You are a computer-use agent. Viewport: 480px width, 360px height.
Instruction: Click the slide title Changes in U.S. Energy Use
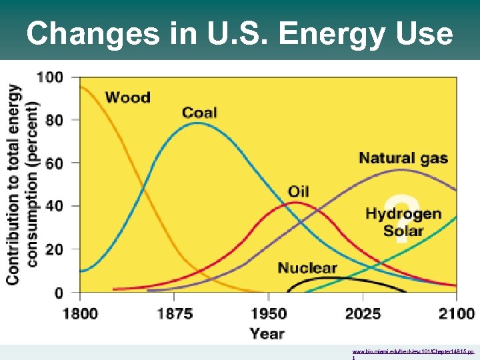pyautogui.click(x=239, y=33)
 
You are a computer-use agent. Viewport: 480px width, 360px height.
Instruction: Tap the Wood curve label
pyautogui.click(x=127, y=98)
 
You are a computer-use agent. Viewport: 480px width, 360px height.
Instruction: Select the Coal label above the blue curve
pyautogui.click(x=199, y=112)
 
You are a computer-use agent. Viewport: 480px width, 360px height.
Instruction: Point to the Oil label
pyautogui.click(x=298, y=192)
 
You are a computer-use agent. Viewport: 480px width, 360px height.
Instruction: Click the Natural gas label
pyautogui.click(x=403, y=159)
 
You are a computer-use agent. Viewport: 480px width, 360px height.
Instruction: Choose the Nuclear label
pyautogui.click(x=307, y=268)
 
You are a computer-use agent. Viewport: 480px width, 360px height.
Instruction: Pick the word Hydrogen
pyautogui.click(x=403, y=214)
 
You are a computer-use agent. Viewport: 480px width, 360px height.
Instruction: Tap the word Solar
pyautogui.click(x=403, y=231)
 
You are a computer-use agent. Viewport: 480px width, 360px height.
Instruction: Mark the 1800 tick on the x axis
pyautogui.click(x=80, y=313)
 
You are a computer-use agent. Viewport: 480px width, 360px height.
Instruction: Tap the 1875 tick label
pyautogui.click(x=174, y=313)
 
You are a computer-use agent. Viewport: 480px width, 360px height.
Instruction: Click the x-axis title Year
pyautogui.click(x=267, y=333)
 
